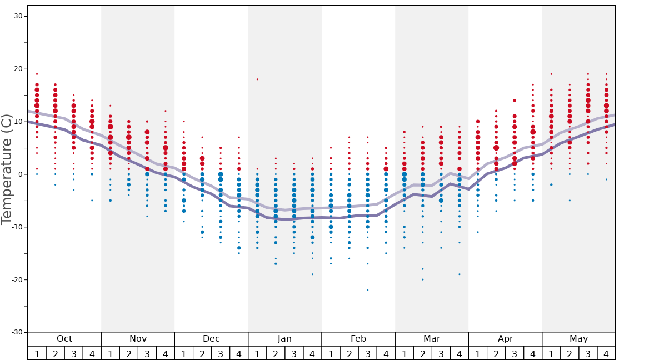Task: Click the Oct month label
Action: point(64,339)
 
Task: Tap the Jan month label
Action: point(284,339)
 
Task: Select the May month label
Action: point(578,339)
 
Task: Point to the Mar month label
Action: point(432,339)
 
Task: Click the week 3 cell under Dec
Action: point(221,353)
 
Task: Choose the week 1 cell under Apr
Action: point(478,353)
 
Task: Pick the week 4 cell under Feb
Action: point(386,353)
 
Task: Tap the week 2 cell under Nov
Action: point(129,353)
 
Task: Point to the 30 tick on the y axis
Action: point(18,16)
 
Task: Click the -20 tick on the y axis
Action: point(17,279)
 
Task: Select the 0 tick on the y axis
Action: point(20,174)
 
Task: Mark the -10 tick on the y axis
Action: point(17,227)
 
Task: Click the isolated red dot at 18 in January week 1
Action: point(257,79)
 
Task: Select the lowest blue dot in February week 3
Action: point(367,290)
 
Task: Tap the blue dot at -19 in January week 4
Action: point(312,274)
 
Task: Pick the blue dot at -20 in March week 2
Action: point(422,279)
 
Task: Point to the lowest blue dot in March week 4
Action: point(460,274)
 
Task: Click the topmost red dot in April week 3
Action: point(515,101)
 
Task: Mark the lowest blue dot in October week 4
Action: point(92,201)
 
